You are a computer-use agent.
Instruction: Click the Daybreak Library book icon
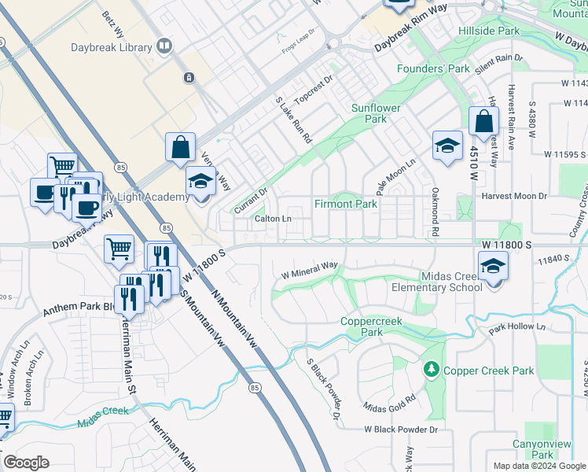pos(164,47)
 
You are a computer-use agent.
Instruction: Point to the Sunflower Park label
pos(376,113)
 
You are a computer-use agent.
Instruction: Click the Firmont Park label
pos(346,204)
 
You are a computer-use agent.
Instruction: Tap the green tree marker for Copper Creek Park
pos(430,369)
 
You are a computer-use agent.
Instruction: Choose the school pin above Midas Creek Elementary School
pos(493,265)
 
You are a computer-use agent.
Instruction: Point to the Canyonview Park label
pos(542,449)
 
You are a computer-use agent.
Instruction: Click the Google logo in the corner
pos(26,463)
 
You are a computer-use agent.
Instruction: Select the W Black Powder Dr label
pos(400,430)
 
